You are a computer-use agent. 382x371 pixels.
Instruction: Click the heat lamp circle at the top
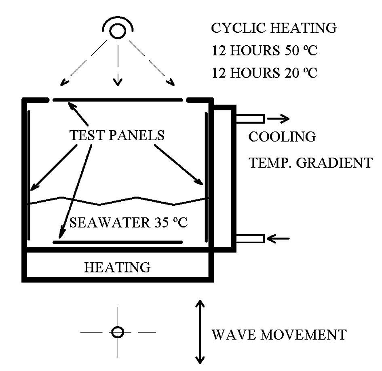click(117, 31)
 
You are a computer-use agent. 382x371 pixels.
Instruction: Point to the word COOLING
click(282, 137)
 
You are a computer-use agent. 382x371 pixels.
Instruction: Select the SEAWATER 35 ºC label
click(128, 222)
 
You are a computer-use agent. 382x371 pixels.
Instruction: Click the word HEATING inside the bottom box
click(117, 267)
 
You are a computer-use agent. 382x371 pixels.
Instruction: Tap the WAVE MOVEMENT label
click(279, 335)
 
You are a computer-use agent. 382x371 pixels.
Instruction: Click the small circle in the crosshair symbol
click(117, 332)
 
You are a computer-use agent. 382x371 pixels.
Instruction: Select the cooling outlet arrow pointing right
click(278, 118)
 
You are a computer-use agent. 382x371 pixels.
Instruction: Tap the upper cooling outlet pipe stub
click(250, 118)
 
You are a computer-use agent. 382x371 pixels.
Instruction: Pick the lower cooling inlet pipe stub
click(250, 239)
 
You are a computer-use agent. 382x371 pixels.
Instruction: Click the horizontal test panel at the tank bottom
click(117, 242)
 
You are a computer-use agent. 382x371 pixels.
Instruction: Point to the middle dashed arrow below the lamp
click(117, 65)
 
